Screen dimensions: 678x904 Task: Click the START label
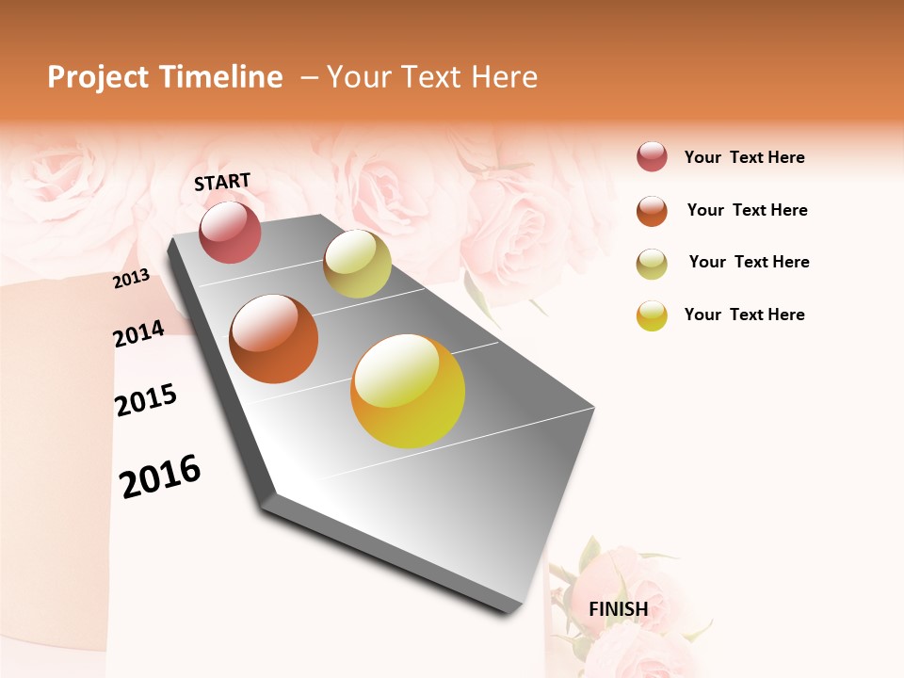222,182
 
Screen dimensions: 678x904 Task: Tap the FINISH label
619,609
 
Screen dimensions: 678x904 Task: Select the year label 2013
132,279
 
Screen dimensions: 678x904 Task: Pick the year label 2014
138,333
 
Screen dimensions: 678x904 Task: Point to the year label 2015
146,400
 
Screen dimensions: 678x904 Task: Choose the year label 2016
160,476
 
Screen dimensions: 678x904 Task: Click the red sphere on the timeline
230,232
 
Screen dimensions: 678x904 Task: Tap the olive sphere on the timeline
357,264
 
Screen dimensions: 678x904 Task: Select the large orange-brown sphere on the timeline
274,339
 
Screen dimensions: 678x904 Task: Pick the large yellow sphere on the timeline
408,391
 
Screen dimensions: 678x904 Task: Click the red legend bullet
652,157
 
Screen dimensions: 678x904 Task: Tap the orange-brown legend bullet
652,210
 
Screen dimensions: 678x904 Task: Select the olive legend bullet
652,263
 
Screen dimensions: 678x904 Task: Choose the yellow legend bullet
652,315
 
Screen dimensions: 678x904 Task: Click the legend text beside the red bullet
744,157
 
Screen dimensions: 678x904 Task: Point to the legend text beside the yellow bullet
744,315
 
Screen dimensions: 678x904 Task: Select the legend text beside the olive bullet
749,262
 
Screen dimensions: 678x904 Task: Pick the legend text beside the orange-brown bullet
747,210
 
